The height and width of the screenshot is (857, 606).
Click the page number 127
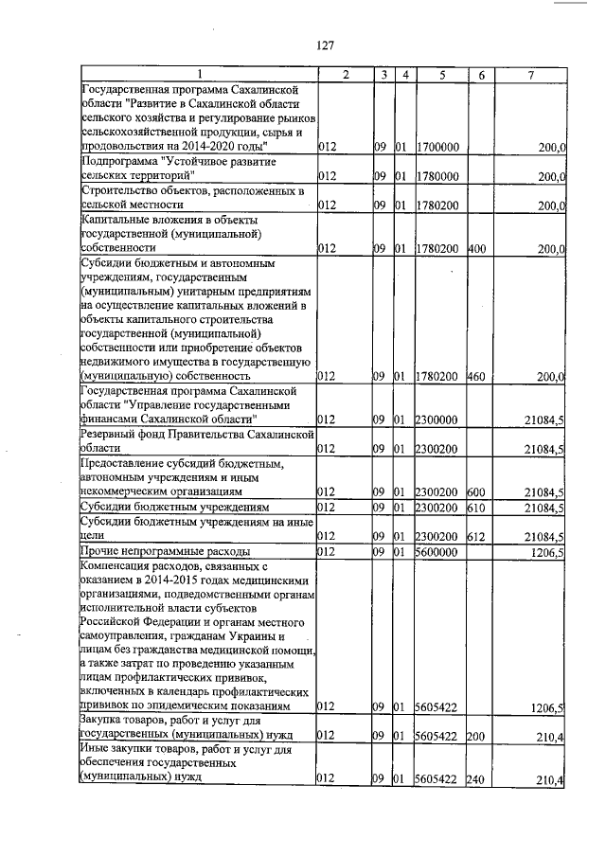(x=326, y=45)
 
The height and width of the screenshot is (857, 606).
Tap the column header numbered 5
(x=441, y=74)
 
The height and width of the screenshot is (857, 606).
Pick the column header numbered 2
(x=345, y=74)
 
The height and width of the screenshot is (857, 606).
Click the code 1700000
(x=437, y=148)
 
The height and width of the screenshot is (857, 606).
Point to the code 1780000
(x=437, y=176)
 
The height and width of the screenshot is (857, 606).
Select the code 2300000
(x=437, y=418)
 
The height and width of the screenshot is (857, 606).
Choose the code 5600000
(x=437, y=550)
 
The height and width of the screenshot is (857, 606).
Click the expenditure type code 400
(x=476, y=249)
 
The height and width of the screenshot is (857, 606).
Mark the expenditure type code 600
(x=476, y=492)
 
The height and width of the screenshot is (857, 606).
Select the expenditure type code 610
(x=476, y=509)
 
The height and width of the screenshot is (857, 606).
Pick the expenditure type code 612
(x=476, y=536)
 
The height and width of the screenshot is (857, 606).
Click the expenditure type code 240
(x=476, y=780)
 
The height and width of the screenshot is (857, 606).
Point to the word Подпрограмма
(x=119, y=162)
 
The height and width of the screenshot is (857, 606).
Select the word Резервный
(x=113, y=433)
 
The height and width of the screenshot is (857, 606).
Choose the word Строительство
(x=125, y=190)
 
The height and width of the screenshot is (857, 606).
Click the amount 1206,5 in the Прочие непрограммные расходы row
(x=546, y=550)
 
